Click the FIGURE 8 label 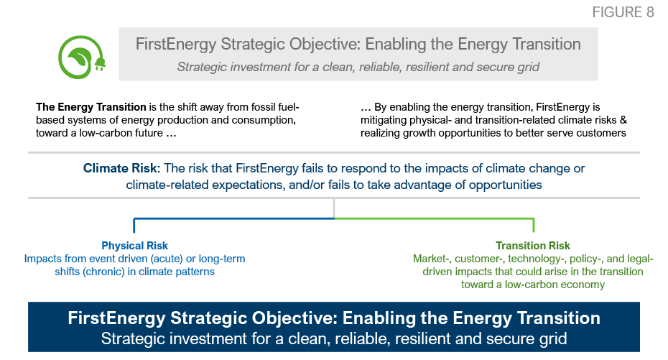[x=623, y=12]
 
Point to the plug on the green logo [x=100, y=64]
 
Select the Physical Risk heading [x=134, y=246]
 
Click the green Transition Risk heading [x=532, y=246]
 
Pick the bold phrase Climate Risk [x=120, y=168]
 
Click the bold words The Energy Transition [x=91, y=107]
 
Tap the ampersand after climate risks [x=623, y=120]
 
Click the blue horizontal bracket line [x=234, y=218]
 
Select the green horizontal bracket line [x=434, y=218]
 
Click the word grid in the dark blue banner [x=555, y=339]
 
